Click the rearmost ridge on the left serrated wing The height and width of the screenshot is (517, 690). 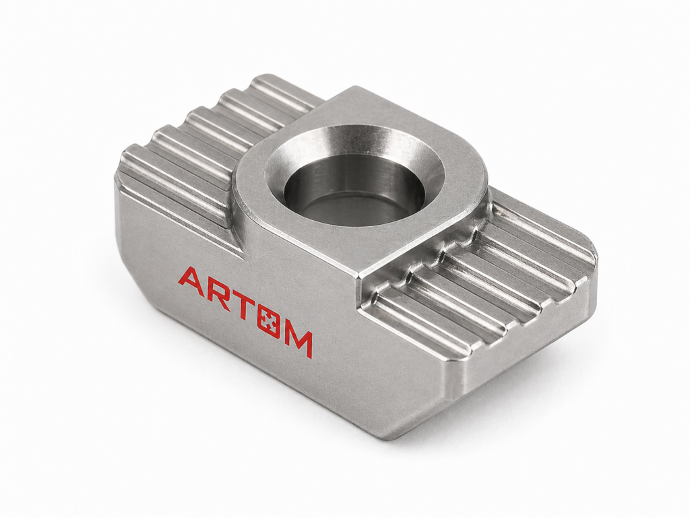pyautogui.click(x=286, y=94)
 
